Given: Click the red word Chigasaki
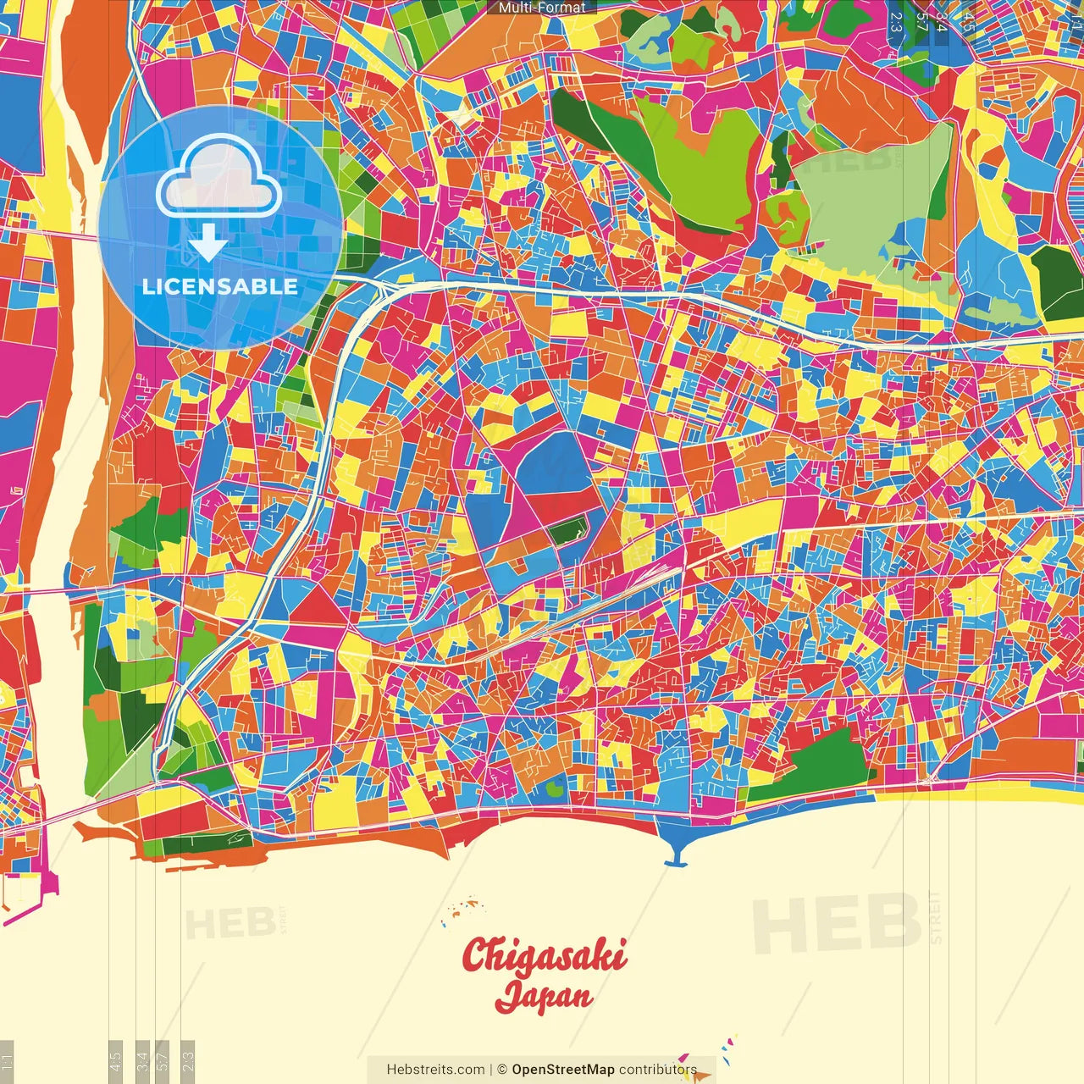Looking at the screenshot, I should [x=545, y=955].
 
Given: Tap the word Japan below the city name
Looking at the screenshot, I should [x=544, y=996].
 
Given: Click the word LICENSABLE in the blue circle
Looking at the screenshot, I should [x=220, y=286].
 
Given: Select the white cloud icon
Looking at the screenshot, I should [x=218, y=178].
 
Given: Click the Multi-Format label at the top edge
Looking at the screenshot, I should [x=542, y=8].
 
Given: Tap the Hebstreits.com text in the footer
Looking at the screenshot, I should [x=435, y=1070].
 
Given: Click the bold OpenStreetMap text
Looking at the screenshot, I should [x=563, y=1070].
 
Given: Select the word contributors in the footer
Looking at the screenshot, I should [x=658, y=1070].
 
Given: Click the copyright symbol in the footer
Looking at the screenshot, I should [x=501, y=1070].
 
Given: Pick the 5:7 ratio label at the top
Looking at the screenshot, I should [x=921, y=21].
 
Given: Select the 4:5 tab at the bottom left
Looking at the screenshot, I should [x=115, y=1059].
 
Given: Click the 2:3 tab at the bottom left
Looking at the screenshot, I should [x=188, y=1059].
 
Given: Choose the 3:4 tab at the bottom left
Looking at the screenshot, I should [x=142, y=1059].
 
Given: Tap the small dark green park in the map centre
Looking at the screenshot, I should [x=566, y=532].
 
